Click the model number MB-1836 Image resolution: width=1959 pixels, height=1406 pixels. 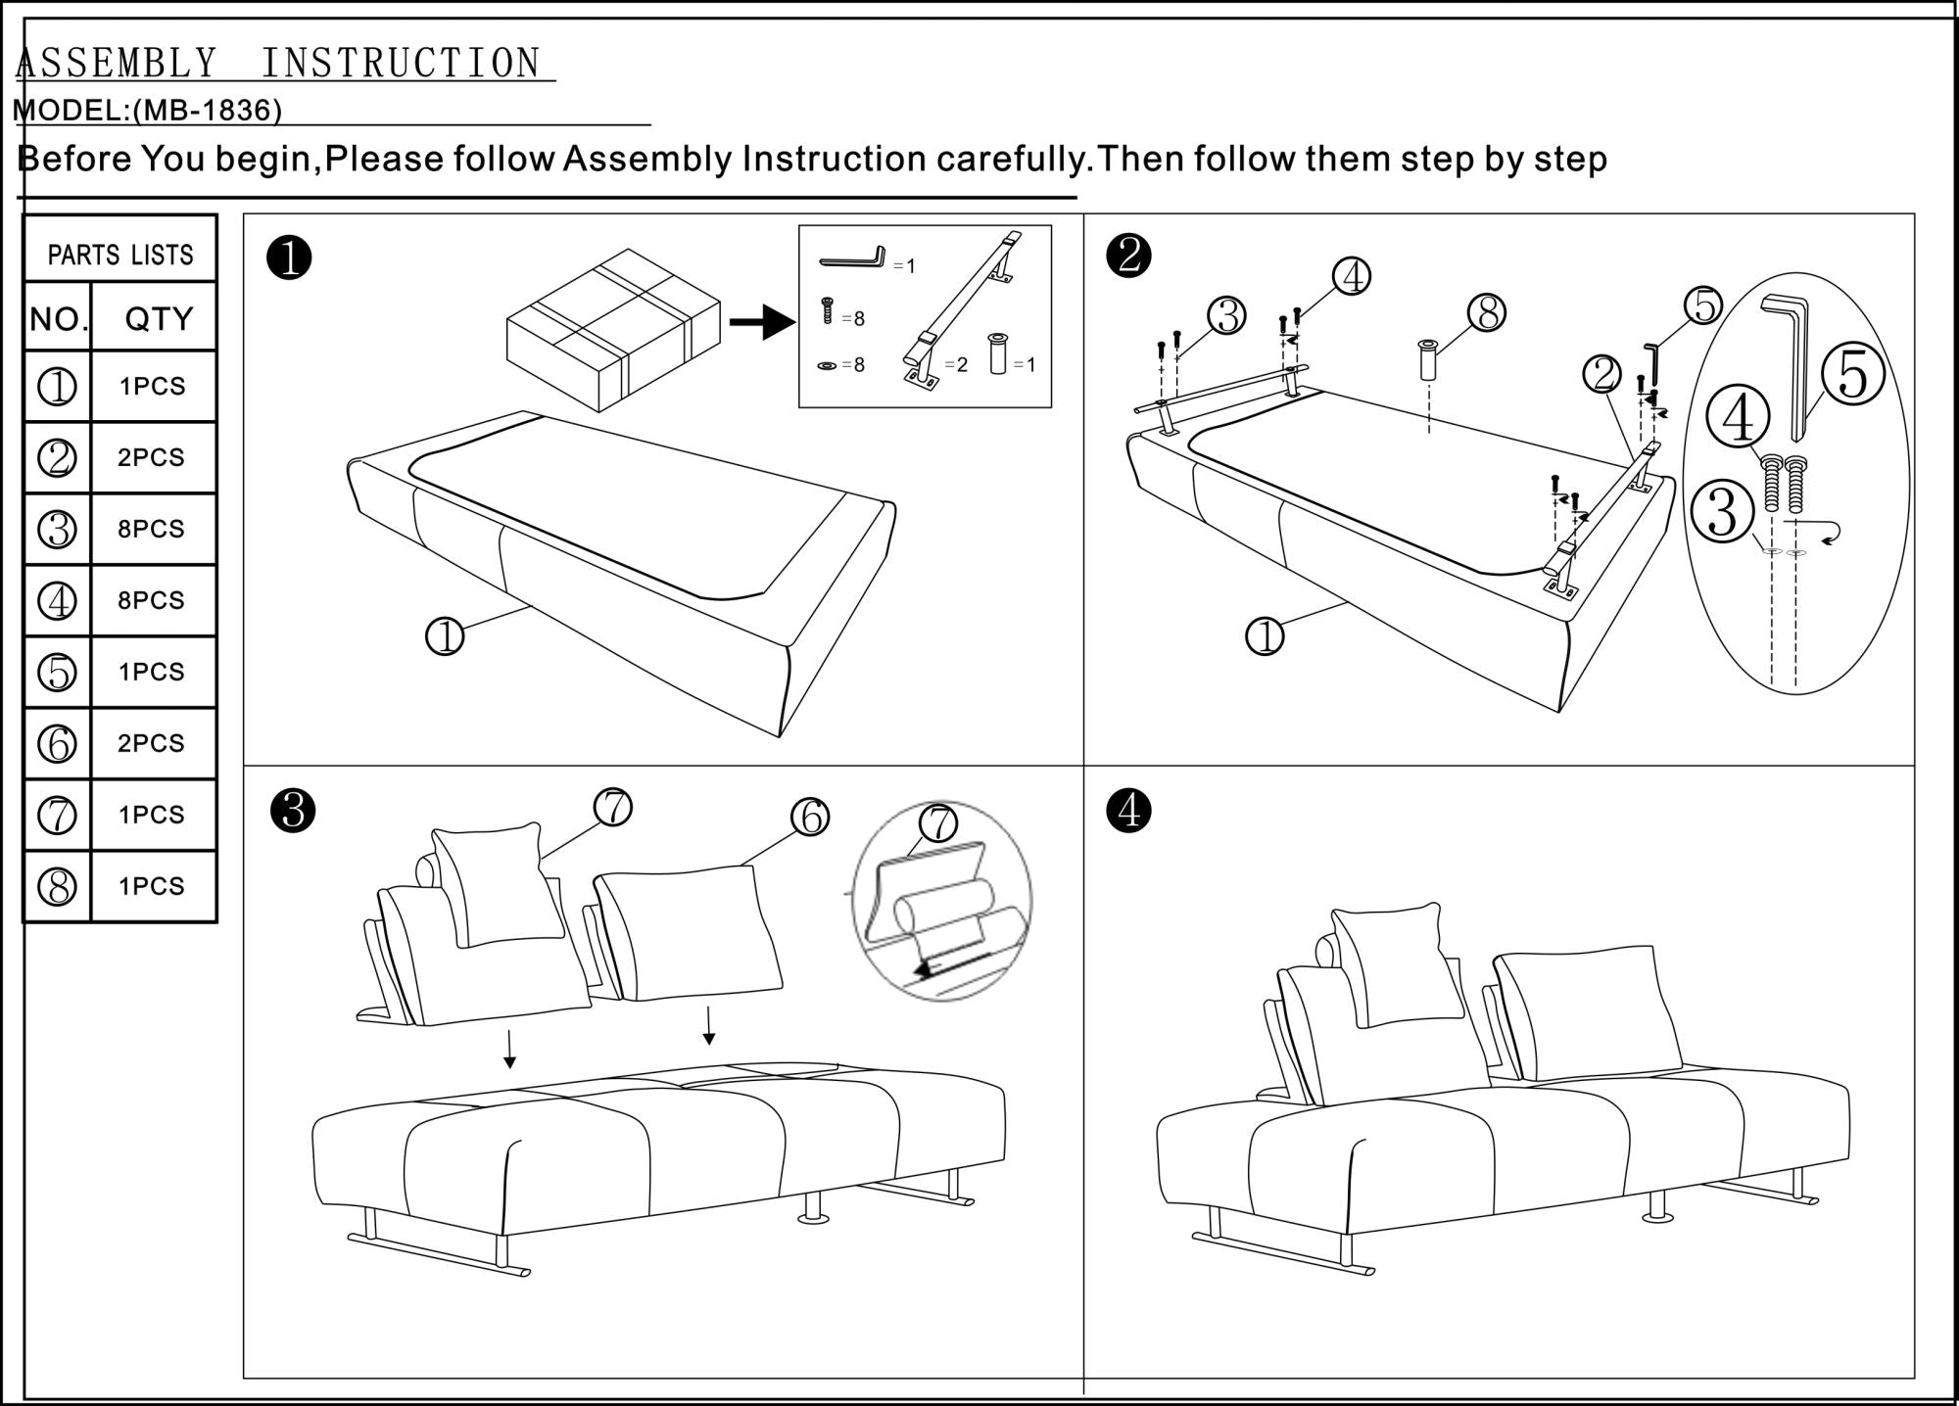[207, 110]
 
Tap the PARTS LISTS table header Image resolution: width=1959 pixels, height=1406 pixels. [120, 255]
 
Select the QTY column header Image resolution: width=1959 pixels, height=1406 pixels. [158, 319]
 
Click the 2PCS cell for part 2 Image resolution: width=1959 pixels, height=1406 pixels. [152, 457]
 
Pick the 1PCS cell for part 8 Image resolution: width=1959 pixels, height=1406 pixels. [152, 886]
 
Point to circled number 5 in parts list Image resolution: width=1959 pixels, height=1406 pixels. [57, 673]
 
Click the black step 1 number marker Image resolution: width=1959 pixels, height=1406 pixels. [289, 258]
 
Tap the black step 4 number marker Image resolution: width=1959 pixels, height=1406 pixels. [1129, 811]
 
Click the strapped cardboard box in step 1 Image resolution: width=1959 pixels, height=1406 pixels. [613, 329]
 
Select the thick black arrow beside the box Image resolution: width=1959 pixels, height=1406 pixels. [762, 322]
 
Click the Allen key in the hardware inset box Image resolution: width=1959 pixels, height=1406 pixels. [852, 258]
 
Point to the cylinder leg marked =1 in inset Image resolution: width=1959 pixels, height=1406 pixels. [998, 353]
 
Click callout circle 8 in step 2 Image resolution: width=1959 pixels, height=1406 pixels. [1486, 313]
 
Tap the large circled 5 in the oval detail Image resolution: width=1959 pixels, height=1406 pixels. [1853, 376]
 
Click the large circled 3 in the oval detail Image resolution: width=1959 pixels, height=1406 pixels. [1722, 513]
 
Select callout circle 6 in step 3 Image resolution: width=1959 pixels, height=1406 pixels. [810, 817]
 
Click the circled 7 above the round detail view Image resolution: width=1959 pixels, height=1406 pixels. [938, 822]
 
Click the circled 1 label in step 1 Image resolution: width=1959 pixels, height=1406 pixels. [445, 637]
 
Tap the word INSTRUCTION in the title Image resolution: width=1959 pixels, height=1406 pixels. [401, 64]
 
